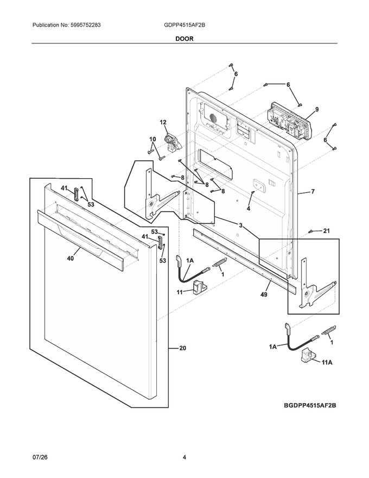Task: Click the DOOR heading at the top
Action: click(x=184, y=39)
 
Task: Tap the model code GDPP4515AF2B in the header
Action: click(x=184, y=26)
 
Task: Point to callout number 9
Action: click(x=317, y=109)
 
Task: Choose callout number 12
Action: click(x=163, y=122)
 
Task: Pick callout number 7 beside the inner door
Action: click(x=313, y=191)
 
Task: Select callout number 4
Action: click(x=249, y=209)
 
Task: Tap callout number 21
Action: click(x=326, y=231)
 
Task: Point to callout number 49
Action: click(x=264, y=294)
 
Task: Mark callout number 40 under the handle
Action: click(x=71, y=259)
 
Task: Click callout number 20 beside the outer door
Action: click(x=183, y=348)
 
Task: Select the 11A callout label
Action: click(x=327, y=362)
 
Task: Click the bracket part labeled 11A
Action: click(x=308, y=355)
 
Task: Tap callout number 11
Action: click(x=180, y=292)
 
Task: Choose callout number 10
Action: click(x=152, y=139)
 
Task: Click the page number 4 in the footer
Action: click(x=184, y=457)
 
